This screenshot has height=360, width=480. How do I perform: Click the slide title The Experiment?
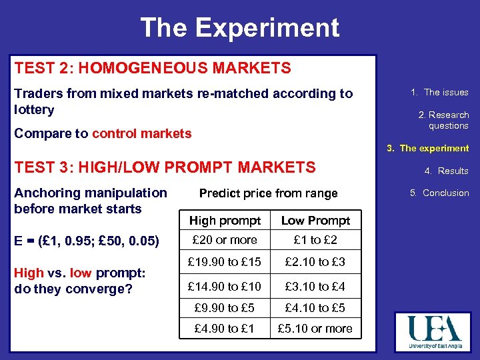click(239, 28)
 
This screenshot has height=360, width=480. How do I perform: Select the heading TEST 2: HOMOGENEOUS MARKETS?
click(153, 68)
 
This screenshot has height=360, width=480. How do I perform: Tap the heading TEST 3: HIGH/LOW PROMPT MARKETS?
click(165, 167)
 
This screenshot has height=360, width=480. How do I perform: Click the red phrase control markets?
click(141, 133)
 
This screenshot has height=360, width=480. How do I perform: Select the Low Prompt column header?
click(315, 221)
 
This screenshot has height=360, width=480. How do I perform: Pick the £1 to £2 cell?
click(315, 240)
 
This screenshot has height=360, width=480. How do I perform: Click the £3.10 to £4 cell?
click(315, 287)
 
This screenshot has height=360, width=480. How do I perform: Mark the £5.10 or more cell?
click(315, 329)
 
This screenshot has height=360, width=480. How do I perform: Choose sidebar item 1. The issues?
click(439, 93)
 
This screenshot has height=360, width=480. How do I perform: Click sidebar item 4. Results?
click(446, 171)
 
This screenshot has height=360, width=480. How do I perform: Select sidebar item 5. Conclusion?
click(439, 193)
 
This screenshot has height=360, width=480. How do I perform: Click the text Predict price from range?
click(269, 193)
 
